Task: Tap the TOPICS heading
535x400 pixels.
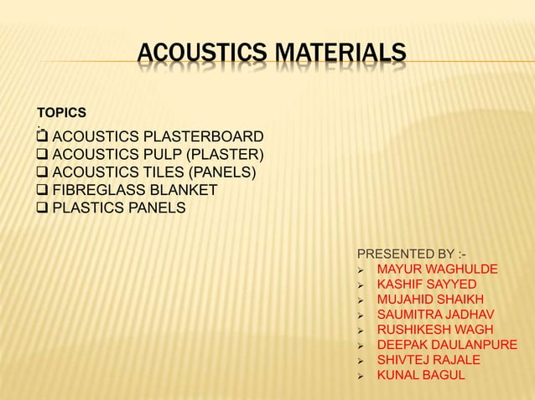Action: tap(61, 112)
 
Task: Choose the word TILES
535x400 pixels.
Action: tap(163, 173)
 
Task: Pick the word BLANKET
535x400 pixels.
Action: tap(185, 191)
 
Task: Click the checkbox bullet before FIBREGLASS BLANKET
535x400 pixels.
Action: tap(42, 191)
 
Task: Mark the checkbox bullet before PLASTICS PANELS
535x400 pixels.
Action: tap(42, 208)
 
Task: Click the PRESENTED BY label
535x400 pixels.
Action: tap(412, 254)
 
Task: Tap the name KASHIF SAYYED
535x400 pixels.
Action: tap(427, 285)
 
